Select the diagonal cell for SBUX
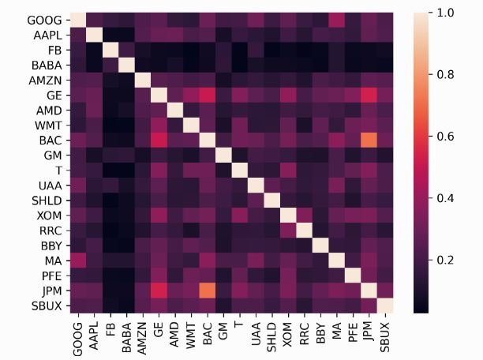coord(386,305)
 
